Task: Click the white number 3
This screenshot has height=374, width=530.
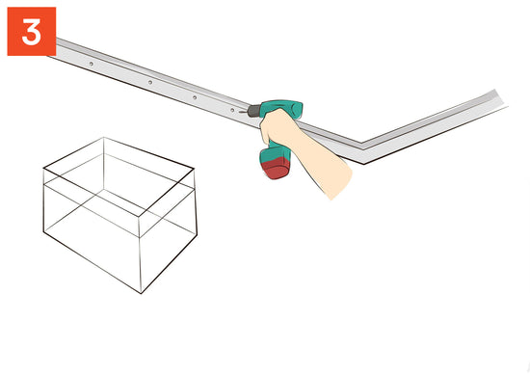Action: tap(32, 32)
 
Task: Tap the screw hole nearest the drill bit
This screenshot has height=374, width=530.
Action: tap(232, 110)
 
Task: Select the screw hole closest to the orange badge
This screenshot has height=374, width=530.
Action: tap(91, 64)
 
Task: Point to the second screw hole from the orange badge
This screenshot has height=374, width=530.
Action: tap(150, 82)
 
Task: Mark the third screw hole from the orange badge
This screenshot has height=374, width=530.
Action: tap(195, 97)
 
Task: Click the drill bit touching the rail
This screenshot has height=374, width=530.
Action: tap(244, 111)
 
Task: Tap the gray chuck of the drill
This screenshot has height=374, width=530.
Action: tap(254, 111)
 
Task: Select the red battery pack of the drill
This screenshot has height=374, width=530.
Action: tap(277, 169)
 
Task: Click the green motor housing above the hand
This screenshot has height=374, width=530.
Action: tap(281, 108)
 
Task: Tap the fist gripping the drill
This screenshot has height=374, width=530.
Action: tap(278, 128)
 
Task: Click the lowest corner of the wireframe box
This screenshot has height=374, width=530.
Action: tap(141, 293)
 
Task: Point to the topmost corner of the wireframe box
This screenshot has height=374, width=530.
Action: tap(103, 138)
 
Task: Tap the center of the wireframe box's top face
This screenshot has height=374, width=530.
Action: tap(119, 176)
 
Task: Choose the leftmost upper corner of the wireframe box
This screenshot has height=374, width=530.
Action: tap(43, 168)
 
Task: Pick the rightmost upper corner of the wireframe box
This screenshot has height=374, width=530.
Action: tap(194, 168)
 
